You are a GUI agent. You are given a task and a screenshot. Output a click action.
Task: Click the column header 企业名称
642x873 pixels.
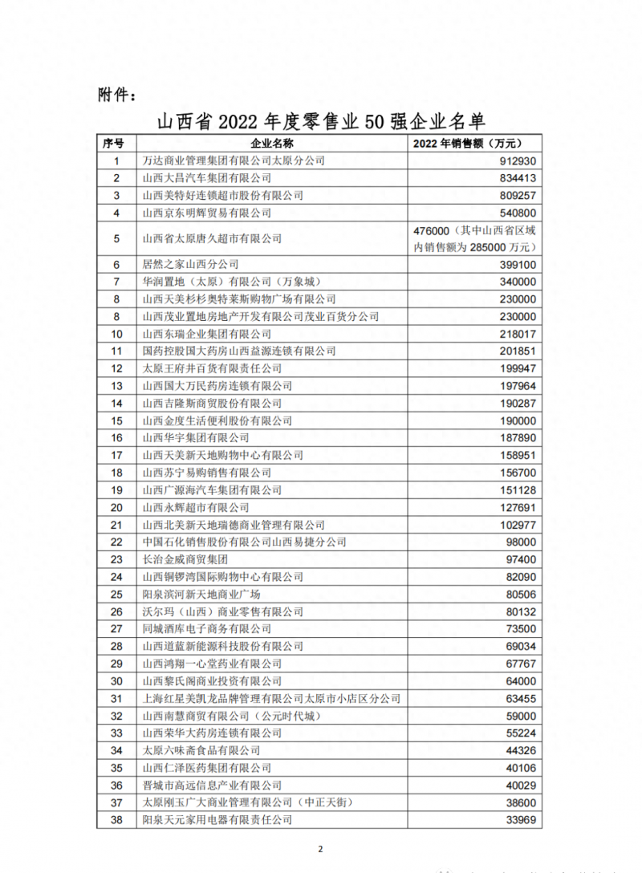(x=272, y=144)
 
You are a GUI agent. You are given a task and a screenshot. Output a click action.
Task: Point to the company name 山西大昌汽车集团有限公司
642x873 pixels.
(x=206, y=178)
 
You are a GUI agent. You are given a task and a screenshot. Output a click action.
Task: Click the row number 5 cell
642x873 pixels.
(x=116, y=238)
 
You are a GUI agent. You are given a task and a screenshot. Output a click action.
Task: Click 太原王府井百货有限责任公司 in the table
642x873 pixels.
(x=212, y=368)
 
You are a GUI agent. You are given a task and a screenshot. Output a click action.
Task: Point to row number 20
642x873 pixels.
(x=116, y=507)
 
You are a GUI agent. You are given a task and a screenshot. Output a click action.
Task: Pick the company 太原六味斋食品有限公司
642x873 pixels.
(x=201, y=750)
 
